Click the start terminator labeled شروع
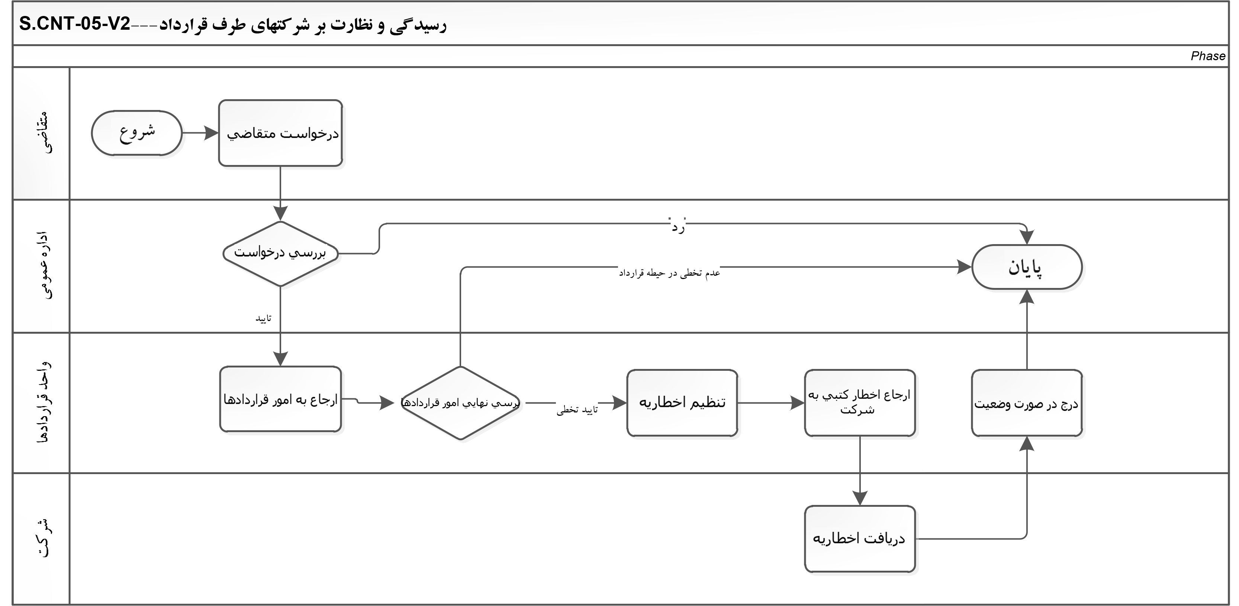click(x=136, y=133)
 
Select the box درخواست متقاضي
click(x=280, y=133)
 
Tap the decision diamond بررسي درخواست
click(x=280, y=253)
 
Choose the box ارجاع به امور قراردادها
click(x=280, y=399)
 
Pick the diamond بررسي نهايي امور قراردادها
click(x=460, y=403)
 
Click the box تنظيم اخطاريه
click(x=682, y=403)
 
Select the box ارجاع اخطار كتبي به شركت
click(x=859, y=403)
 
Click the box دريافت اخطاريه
click(x=859, y=539)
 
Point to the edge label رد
click(x=678, y=226)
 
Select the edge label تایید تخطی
click(x=577, y=409)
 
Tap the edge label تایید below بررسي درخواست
click(x=264, y=318)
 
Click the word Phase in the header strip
click(x=1208, y=56)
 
